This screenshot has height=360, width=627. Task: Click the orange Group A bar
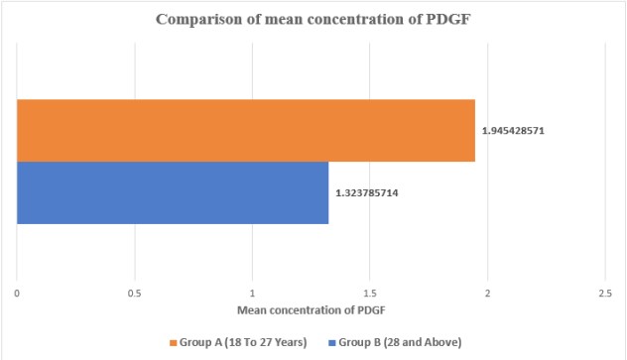(246, 130)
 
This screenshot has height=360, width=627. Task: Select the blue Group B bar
(173, 192)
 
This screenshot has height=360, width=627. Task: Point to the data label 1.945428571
(513, 131)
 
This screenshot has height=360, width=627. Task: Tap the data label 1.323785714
(367, 193)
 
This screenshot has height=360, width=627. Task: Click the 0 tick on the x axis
(17, 294)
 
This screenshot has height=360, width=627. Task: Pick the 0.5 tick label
(134, 294)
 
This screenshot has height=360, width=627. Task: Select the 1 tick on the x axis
(252, 294)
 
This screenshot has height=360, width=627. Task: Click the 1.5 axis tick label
(370, 294)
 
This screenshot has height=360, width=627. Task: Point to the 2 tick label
(487, 294)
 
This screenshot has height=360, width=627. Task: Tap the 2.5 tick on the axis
(605, 294)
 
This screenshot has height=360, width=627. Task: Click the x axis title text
(312, 310)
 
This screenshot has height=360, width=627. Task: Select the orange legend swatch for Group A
(174, 343)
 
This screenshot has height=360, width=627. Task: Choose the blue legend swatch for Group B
(332, 343)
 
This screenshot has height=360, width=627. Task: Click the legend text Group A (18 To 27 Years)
(243, 342)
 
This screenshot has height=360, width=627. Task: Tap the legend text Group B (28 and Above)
(400, 342)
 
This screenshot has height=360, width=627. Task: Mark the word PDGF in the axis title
(372, 310)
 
